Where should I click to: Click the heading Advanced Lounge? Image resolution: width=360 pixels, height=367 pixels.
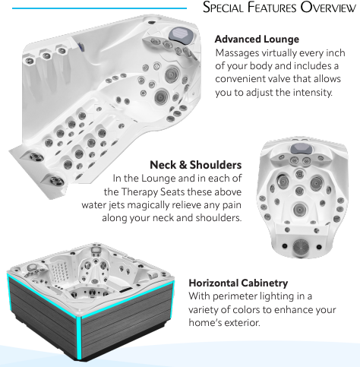257,40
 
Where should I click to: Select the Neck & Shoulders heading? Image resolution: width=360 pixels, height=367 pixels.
196,165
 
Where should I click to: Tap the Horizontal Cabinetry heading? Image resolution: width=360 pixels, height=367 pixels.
238,283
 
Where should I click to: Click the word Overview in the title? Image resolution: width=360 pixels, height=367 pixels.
328,8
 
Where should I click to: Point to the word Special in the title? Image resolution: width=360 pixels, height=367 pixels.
223,8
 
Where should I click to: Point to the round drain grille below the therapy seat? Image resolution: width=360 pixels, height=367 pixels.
301,247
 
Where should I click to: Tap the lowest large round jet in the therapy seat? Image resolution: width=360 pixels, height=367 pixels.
300,210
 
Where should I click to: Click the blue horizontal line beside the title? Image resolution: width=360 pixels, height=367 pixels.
99,8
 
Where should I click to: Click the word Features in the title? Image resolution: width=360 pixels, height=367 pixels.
272,8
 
